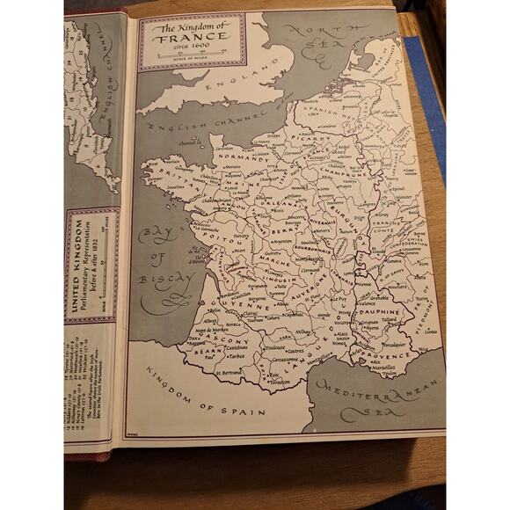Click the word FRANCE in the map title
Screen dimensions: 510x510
tap(191, 39)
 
